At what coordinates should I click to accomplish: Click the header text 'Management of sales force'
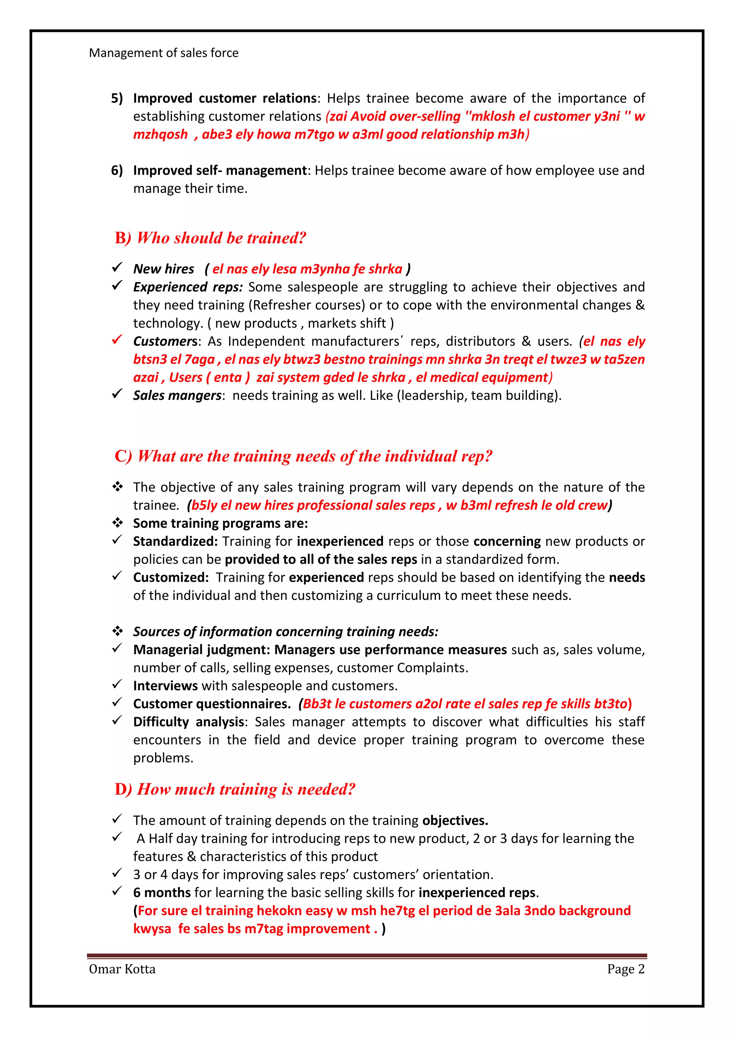coord(164,53)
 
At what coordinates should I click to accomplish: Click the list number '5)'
coord(117,98)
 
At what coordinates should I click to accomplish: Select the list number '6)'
coord(117,171)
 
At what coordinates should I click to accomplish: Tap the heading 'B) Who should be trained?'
coord(210,238)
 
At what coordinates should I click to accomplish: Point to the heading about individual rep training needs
coord(303,456)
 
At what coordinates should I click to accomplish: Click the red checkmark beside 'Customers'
coord(117,340)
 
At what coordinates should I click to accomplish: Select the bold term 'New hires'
coord(164,269)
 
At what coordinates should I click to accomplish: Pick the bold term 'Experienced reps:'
coord(187,287)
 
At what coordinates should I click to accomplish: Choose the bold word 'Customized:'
coord(171,578)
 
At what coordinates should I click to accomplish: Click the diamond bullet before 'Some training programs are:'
coord(118,523)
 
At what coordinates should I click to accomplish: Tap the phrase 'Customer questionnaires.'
coord(212,704)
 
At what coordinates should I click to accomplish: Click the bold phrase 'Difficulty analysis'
coord(189,722)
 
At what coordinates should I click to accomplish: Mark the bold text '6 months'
coord(162,893)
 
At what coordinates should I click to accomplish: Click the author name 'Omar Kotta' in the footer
coord(122,969)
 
